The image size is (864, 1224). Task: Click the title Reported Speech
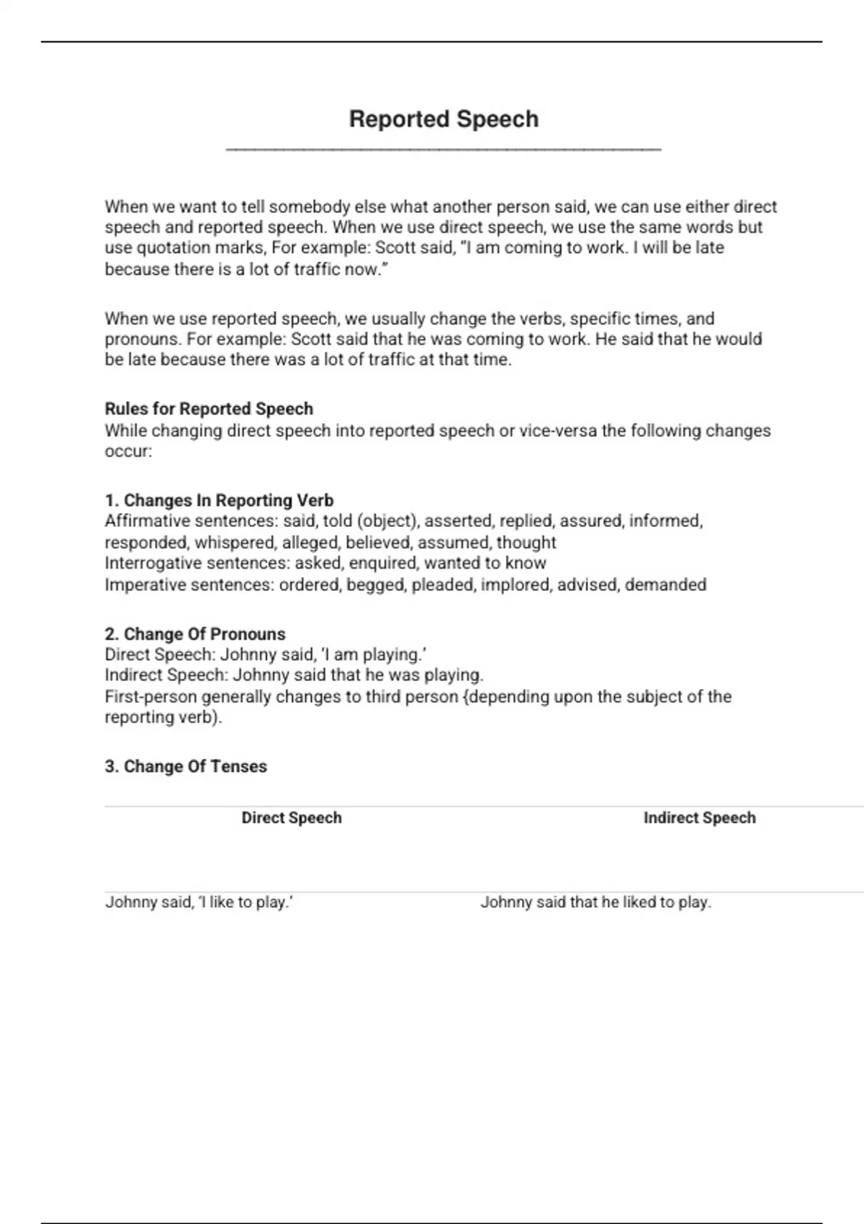point(444,119)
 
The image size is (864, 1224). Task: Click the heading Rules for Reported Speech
point(209,409)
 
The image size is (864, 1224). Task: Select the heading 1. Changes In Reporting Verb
point(219,500)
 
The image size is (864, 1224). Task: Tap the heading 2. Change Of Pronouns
point(195,634)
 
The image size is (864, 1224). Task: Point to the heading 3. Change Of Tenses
point(186,767)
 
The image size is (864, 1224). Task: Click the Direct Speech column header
point(292,818)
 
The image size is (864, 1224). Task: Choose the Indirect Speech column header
point(699,818)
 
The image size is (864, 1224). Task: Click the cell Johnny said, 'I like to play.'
point(199,902)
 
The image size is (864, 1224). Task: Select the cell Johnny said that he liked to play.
point(595,902)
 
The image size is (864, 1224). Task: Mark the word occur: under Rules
point(128,451)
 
